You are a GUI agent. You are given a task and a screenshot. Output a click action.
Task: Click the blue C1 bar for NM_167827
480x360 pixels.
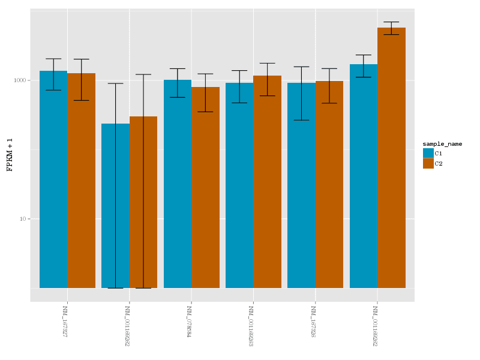coord(53,180)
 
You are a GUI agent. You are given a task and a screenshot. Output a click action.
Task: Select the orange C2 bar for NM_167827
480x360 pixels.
coord(81,180)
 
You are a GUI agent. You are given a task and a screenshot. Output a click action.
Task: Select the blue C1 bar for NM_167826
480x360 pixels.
coord(301,185)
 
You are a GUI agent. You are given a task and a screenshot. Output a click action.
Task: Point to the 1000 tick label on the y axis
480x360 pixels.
coord(22,80)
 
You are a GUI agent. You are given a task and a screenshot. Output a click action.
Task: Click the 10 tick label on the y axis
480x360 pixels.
coord(23,219)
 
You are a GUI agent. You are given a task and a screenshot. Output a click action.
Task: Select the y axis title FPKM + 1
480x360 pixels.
coord(10,155)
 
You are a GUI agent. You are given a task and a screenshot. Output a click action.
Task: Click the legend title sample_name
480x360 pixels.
coord(442,144)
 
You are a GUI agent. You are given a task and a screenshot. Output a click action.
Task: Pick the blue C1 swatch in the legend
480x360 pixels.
coord(428,154)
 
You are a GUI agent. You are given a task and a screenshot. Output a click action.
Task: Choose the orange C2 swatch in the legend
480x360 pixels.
coord(428,163)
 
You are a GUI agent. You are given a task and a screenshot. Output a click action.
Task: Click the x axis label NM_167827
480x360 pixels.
coord(65,321)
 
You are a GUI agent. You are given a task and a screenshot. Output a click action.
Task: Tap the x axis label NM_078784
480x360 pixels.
coord(189,321)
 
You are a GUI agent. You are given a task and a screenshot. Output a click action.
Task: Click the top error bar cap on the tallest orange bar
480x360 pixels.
coord(391,22)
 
